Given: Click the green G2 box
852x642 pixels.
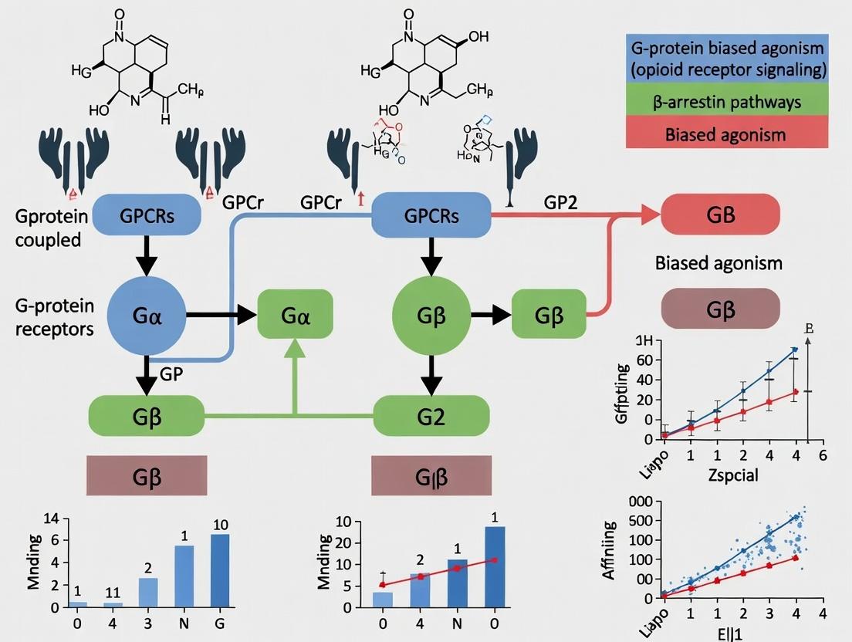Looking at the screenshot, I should pos(431,416).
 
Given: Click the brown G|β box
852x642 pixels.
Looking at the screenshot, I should pos(431,475).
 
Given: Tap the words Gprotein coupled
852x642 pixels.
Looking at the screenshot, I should pos(48,228).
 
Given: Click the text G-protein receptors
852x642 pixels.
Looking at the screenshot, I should pos(54,317).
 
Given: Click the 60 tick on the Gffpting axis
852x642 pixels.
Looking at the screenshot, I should pos(646,360).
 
